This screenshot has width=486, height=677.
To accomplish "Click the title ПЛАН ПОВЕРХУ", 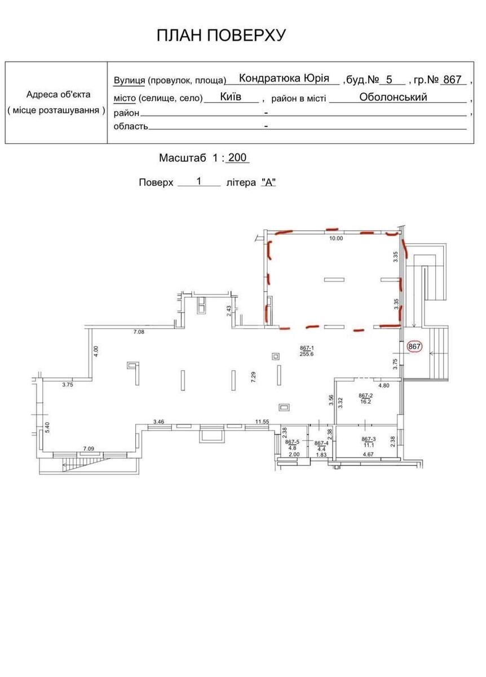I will click(x=221, y=36).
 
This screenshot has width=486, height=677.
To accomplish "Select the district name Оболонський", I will click(x=393, y=96).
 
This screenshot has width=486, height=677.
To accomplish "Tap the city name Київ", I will click(x=231, y=96).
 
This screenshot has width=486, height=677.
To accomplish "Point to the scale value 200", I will click(x=237, y=158).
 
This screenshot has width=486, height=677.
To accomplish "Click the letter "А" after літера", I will click(x=268, y=183).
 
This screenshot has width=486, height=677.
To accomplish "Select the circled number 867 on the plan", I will click(x=414, y=347).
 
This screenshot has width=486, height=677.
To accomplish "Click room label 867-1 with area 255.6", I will click(x=307, y=351).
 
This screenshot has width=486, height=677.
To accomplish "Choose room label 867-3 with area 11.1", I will click(x=368, y=442).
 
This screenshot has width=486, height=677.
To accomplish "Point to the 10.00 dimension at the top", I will click(x=336, y=239).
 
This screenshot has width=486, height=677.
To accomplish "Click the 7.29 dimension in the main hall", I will click(x=254, y=377).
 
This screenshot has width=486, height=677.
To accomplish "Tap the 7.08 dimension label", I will click(x=139, y=332).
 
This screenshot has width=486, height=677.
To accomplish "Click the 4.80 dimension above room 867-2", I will click(x=383, y=386).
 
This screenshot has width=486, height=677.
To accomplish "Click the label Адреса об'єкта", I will click(x=58, y=95).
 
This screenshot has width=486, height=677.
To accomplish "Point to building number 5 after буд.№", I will click(x=388, y=80).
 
